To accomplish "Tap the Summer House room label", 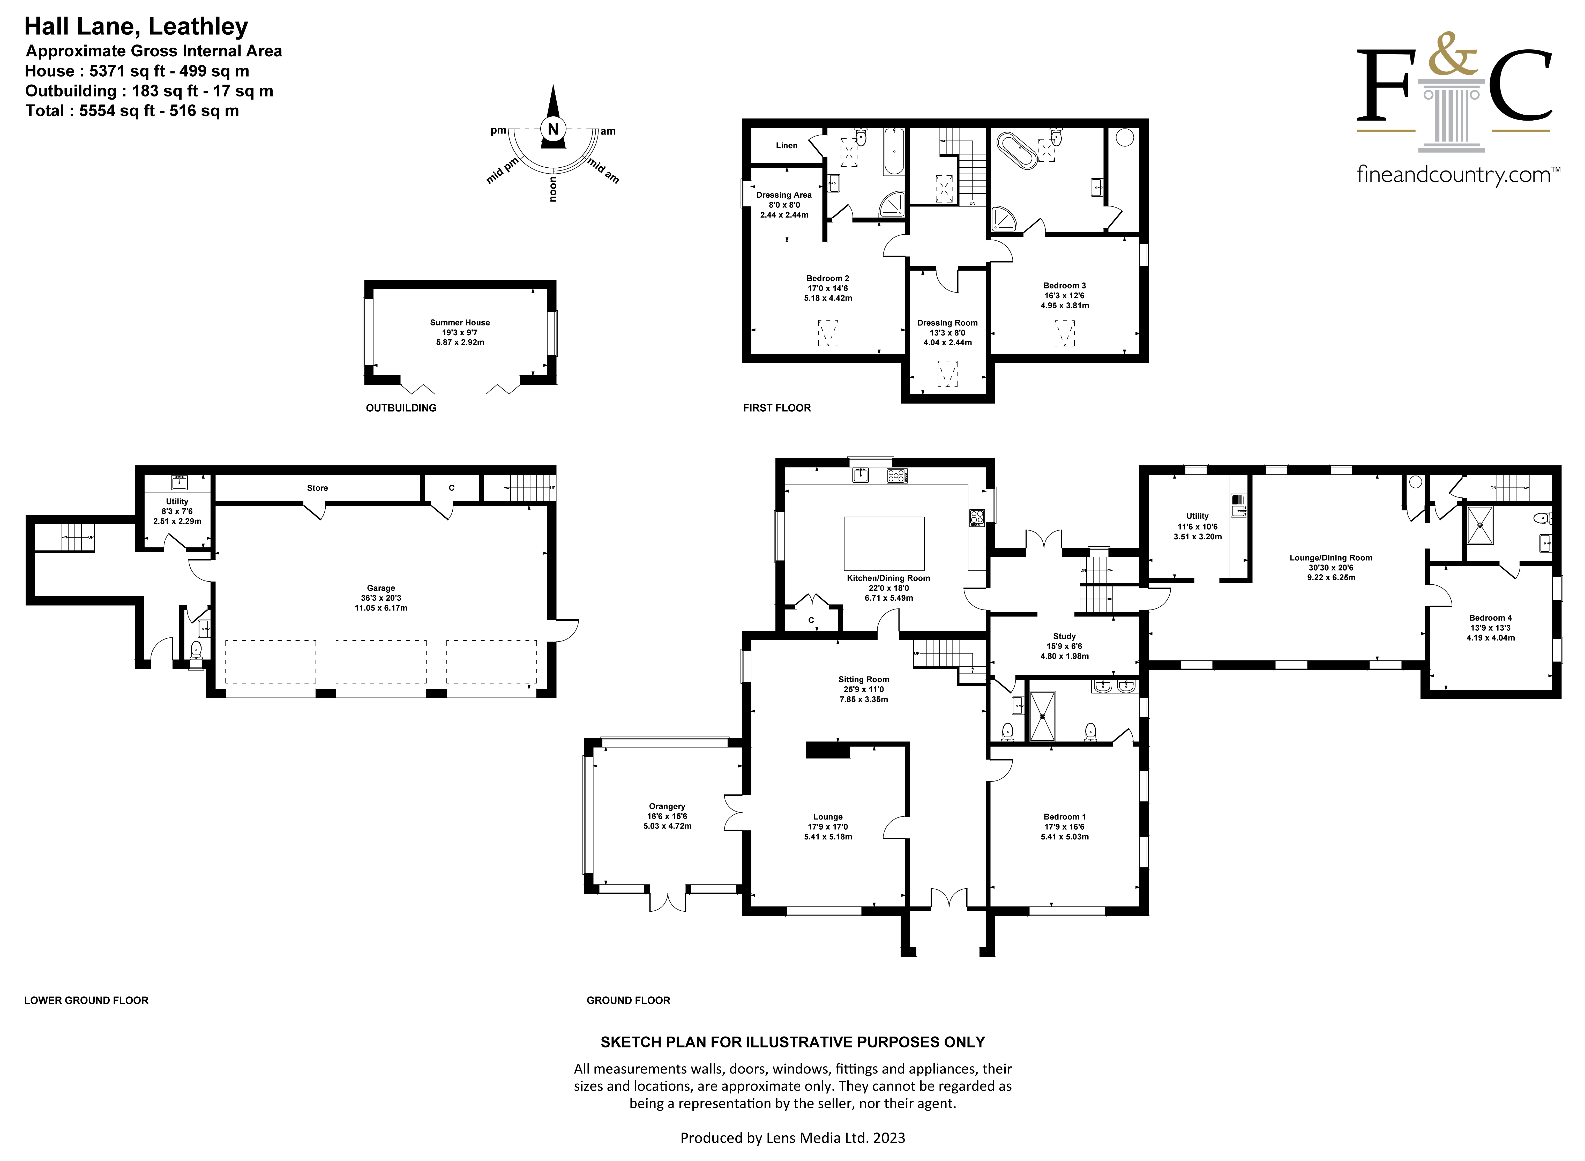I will pos(460,323).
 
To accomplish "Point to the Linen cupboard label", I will pos(786,145).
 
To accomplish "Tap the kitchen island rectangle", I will pos(884,543).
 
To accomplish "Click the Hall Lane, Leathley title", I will pos(136,27).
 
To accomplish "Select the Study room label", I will pos(1064,636).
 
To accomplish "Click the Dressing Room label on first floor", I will pos(947,323).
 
